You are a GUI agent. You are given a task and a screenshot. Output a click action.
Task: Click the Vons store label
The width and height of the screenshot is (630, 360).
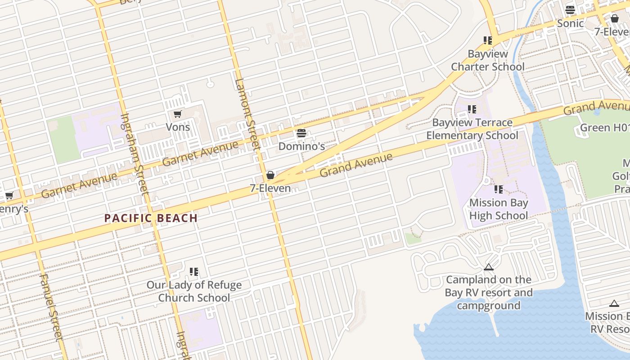178,127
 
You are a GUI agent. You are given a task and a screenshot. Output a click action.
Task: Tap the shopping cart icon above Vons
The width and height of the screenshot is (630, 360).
177,114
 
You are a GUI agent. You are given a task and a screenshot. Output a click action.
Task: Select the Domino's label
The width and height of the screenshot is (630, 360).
301,146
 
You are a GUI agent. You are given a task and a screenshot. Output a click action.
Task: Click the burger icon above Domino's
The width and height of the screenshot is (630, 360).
301,133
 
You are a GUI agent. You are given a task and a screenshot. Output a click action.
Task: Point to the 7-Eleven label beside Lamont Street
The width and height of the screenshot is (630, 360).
270,188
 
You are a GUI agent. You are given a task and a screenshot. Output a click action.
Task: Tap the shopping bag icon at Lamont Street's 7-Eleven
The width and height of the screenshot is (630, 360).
270,175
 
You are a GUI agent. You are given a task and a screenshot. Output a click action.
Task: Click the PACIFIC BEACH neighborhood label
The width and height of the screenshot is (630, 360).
151,218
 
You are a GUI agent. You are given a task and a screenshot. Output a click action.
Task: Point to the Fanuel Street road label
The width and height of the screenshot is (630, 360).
50,306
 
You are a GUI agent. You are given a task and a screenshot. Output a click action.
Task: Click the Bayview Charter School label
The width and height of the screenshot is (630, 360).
488,60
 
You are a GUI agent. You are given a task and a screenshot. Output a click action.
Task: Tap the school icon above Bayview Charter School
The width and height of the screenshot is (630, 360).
488,40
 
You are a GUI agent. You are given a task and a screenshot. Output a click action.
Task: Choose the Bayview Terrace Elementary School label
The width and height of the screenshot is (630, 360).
472,129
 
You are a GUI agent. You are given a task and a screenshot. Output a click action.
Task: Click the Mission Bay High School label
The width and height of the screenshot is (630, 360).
499,209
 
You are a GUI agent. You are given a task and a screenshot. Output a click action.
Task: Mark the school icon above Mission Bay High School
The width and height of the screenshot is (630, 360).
499,189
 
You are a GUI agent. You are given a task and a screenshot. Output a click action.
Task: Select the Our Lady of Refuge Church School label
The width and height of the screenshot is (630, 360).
194,291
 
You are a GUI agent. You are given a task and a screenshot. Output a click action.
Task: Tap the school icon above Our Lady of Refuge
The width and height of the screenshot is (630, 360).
194,272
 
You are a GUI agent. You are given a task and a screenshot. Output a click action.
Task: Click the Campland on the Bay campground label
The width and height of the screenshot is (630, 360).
488,292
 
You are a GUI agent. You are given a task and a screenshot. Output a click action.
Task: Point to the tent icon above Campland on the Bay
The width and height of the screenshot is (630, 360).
489,267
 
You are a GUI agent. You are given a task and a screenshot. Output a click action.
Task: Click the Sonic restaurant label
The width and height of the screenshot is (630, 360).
570,23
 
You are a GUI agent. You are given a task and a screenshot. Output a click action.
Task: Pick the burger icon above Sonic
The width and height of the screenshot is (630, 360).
570,10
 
